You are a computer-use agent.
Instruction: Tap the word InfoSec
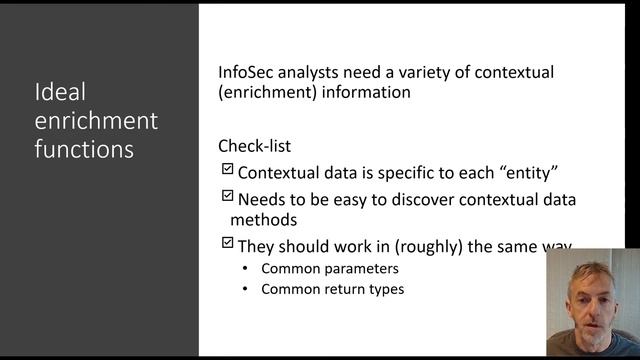point(249,73)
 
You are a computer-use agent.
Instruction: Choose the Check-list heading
point(254,146)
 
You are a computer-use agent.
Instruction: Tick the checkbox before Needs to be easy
point(227,196)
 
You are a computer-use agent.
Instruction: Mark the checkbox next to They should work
point(227,243)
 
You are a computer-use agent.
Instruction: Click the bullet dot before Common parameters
point(246,269)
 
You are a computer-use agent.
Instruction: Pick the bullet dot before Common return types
point(246,290)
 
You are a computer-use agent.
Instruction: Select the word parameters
point(356,269)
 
